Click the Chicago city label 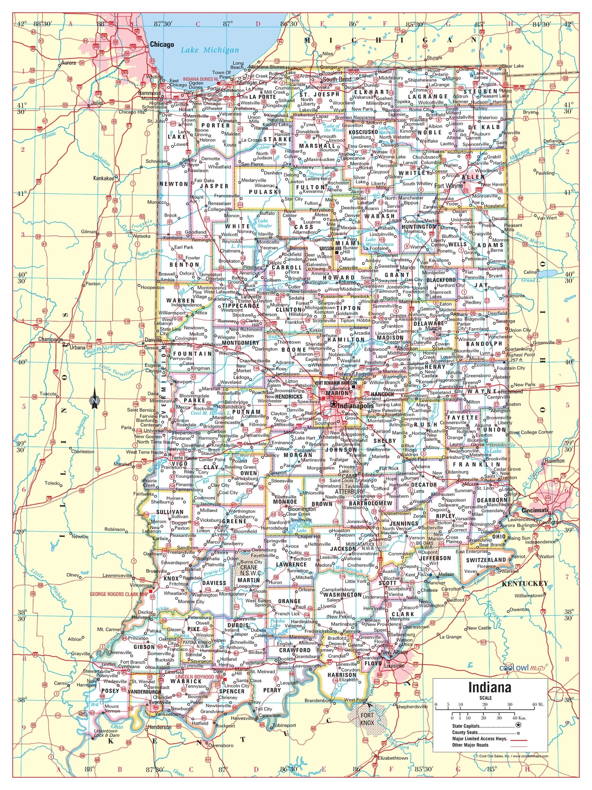click(162, 44)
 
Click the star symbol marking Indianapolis click(333, 404)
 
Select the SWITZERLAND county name click(486, 560)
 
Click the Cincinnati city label click(534, 510)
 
